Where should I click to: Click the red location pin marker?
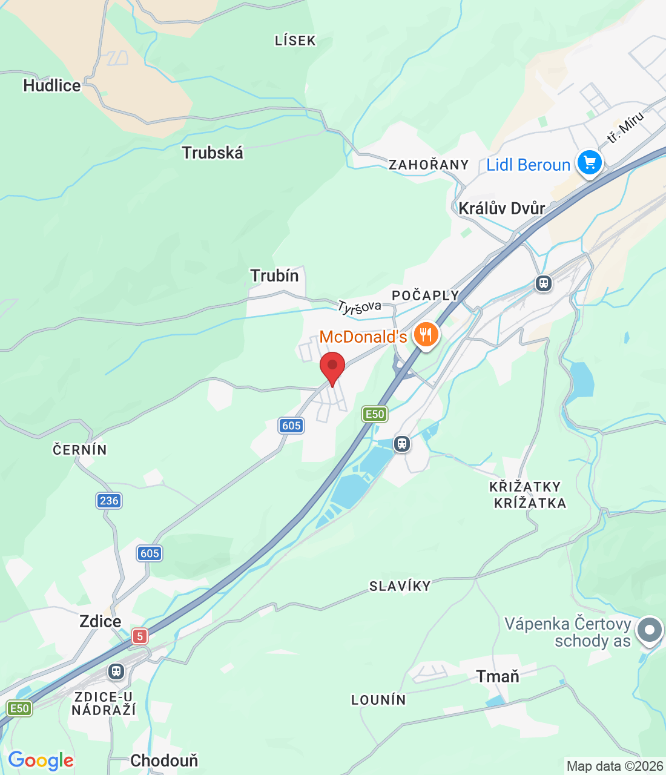click(x=332, y=366)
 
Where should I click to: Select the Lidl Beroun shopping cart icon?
click(x=589, y=162)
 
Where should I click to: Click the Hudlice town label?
click(x=52, y=86)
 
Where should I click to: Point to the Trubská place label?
click(x=213, y=153)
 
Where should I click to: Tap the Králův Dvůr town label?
click(x=502, y=208)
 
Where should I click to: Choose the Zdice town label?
click(x=101, y=622)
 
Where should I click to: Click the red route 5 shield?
click(x=140, y=636)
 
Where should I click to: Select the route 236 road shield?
click(x=109, y=501)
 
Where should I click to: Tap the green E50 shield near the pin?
click(x=375, y=414)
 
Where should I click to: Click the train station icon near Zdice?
click(x=116, y=671)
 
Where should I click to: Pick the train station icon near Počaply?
click(x=543, y=283)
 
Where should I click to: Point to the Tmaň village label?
click(x=498, y=676)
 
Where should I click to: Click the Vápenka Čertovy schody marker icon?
click(x=650, y=630)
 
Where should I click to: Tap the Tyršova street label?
click(x=360, y=307)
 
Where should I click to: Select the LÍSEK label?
click(x=295, y=41)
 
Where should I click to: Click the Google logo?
click(x=41, y=760)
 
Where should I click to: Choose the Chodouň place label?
click(x=164, y=760)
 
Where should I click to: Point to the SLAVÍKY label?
click(x=400, y=586)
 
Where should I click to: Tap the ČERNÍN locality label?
click(x=80, y=450)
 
